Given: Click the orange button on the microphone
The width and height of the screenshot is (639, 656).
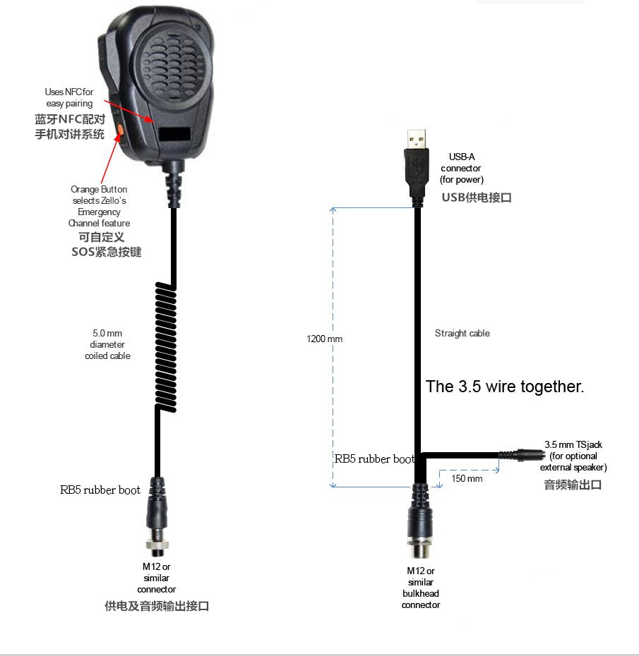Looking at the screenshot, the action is tap(121, 129).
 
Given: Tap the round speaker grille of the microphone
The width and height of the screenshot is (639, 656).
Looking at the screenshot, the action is tap(172, 63).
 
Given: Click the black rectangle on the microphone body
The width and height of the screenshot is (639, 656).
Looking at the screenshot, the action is tap(175, 134).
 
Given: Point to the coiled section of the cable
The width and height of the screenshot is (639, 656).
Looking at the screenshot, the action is tap(166, 347).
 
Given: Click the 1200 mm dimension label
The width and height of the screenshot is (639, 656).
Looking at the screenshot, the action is tap(325, 339).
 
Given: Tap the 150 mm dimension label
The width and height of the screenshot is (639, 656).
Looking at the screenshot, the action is tap(467, 478).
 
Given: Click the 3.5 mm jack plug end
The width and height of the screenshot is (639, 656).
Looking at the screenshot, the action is tap(522, 455).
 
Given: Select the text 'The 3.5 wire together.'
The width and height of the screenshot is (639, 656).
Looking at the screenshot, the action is tap(505, 387).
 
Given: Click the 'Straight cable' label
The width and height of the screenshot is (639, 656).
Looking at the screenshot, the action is tap(462, 333).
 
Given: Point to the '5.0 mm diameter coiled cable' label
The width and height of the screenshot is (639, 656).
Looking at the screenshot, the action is tap(107, 344).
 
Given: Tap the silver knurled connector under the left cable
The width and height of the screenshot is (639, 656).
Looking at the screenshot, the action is tap(157, 543).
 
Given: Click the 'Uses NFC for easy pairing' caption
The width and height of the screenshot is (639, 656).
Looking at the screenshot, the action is tap(69, 97).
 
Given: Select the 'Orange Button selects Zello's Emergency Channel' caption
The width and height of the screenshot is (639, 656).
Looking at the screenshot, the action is tap(100, 206).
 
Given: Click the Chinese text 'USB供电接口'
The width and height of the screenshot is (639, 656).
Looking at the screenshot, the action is tap(477, 198).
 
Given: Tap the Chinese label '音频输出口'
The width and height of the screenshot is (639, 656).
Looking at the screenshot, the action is tap(573, 485).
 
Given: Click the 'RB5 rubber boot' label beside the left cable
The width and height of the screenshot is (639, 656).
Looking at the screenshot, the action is tap(100, 490).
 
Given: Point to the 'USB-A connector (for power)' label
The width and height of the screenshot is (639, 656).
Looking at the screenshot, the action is tap(462, 168).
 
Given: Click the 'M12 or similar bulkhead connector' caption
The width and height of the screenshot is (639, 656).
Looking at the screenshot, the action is tap(421, 588).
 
